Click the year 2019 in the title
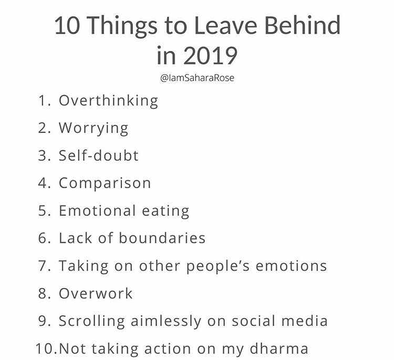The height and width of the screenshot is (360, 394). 210,56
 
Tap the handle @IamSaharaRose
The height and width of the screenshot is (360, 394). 197,78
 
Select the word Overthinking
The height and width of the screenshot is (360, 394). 109,101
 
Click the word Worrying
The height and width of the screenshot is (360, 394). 94,128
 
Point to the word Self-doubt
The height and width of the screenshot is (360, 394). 99,155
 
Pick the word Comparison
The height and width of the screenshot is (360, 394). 105,183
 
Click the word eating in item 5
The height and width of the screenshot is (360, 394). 165,211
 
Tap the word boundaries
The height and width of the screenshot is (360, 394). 162,238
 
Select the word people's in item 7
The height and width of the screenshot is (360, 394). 218,266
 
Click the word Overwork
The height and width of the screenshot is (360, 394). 96,293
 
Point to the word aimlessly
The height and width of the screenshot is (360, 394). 166,321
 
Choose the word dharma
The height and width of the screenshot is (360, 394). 279,348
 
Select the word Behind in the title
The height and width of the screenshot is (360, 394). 302,25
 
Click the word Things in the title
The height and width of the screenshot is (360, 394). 123,27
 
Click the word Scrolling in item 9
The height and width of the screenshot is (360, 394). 92,321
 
